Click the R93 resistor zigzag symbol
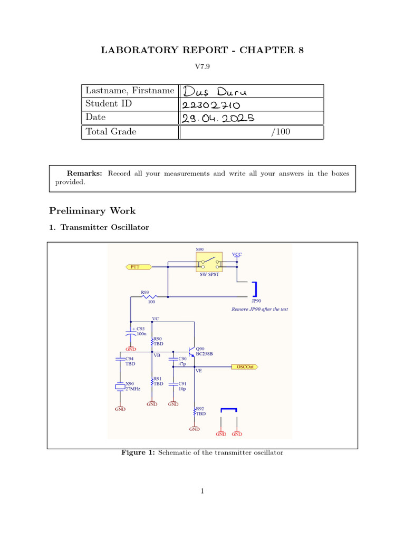pyautogui.click(x=151, y=296)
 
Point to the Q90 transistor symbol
pyautogui.click(x=192, y=352)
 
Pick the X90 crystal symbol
pyautogui.click(x=121, y=387)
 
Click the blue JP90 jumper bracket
pyautogui.click(x=255, y=290)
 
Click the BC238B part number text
pyautogui.click(x=205, y=353)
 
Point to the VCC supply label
pyautogui.click(x=237, y=254)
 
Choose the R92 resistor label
pyautogui.click(x=200, y=409)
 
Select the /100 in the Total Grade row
pyautogui.click(x=280, y=132)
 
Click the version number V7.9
pyautogui.click(x=202, y=67)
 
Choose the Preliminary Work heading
pyautogui.click(x=92, y=211)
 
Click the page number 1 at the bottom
pyautogui.click(x=202, y=491)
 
